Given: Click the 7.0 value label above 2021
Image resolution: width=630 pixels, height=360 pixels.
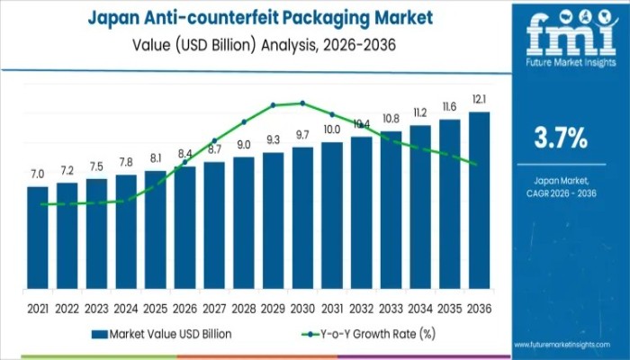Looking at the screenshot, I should coord(37,174).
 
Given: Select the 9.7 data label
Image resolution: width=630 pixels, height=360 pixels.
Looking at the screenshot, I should coord(302,134).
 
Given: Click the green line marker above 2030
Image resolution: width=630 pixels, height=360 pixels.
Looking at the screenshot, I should coord(302,103).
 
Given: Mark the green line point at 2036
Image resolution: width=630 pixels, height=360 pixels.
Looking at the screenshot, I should coord(474,164).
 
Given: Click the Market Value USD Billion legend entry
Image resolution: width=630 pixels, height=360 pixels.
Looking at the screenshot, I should coord(162,334).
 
